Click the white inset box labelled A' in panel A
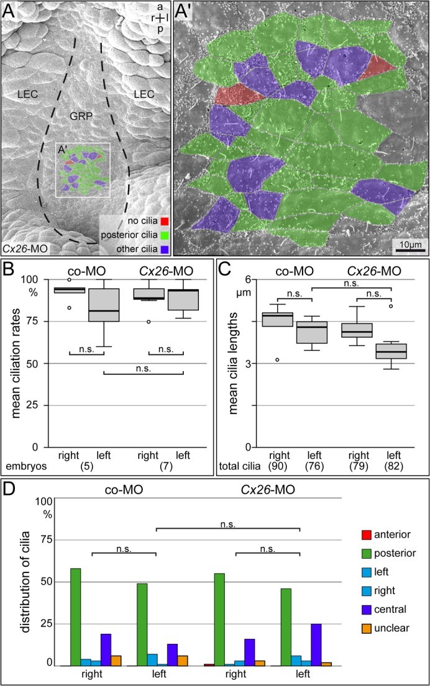coord(83,171)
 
